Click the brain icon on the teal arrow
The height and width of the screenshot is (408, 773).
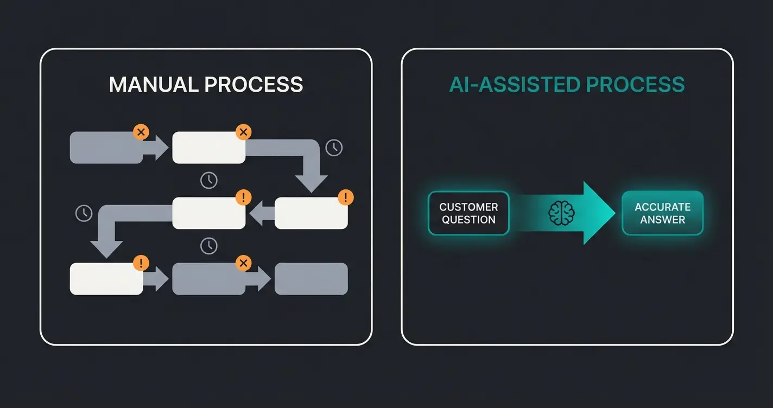click(x=561, y=213)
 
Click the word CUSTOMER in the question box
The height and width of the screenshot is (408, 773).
click(x=468, y=207)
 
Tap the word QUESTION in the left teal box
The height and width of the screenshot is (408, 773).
click(x=468, y=220)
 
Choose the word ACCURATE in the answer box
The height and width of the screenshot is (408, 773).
click(x=662, y=207)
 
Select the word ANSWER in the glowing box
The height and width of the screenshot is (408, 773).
click(x=662, y=220)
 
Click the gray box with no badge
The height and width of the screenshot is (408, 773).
click(x=311, y=279)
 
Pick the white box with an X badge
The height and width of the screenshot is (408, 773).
click(x=208, y=148)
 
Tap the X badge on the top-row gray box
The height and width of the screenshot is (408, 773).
click(x=141, y=132)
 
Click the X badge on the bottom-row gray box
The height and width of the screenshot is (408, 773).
click(x=244, y=264)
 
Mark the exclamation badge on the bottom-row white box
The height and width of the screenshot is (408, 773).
click(x=141, y=264)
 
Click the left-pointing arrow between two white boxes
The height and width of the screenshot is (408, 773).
click(x=261, y=213)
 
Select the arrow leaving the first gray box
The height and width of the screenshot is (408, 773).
click(x=157, y=148)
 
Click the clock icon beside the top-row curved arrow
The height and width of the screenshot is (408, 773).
click(x=334, y=148)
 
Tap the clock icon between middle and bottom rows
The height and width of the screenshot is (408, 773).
click(x=208, y=246)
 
